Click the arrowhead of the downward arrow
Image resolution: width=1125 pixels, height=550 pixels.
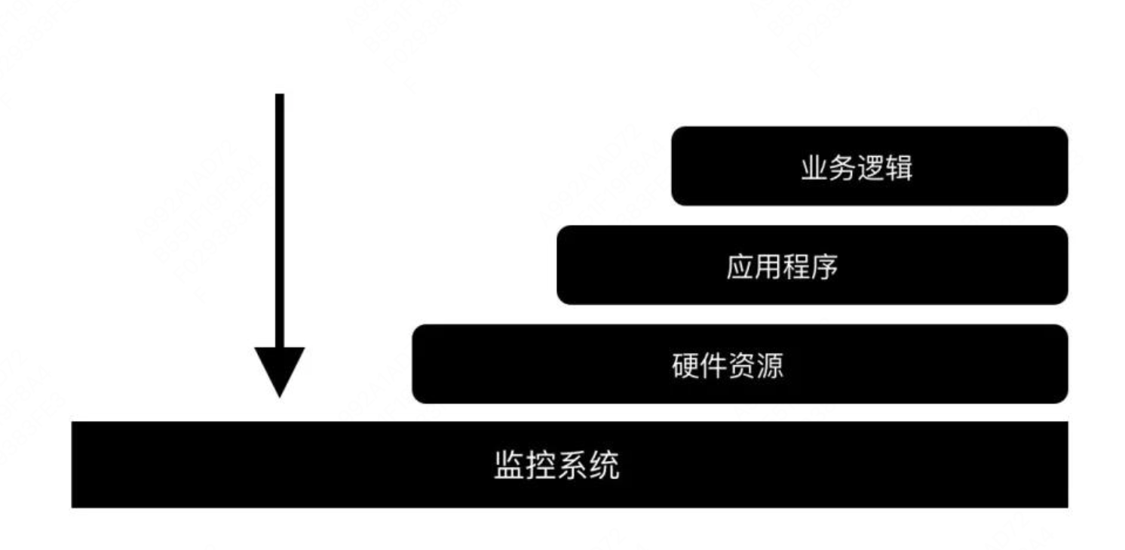pyautogui.click(x=279, y=370)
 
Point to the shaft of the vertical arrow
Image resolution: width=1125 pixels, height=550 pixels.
pyautogui.click(x=279, y=219)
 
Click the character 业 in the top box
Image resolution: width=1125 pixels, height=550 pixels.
pyautogui.click(x=814, y=167)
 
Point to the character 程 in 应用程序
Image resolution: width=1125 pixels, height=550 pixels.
pyautogui.click(x=796, y=266)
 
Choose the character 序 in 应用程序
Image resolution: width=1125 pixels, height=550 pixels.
pyautogui.click(x=824, y=266)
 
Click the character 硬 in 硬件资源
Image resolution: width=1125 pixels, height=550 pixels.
pyautogui.click(x=685, y=365)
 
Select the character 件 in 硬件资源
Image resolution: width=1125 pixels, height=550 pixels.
pyautogui.click(x=713, y=365)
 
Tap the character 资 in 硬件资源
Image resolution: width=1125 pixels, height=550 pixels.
pyautogui.click(x=741, y=365)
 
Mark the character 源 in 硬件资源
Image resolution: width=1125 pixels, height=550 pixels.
pyautogui.click(x=769, y=365)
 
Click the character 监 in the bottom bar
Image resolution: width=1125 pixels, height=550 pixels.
pyautogui.click(x=508, y=465)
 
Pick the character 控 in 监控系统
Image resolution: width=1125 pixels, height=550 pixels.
pyautogui.click(x=541, y=465)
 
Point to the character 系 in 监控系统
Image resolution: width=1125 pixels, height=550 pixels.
pyautogui.click(x=572, y=465)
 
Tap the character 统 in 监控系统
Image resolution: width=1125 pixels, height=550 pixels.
pyautogui.click(x=605, y=465)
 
